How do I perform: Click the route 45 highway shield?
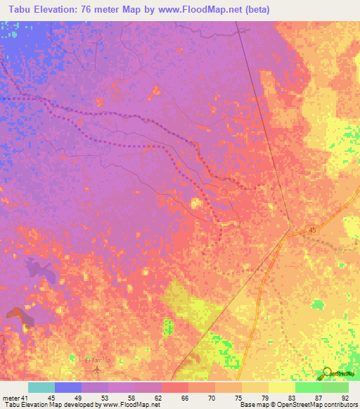tap(311, 230)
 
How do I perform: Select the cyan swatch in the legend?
tap(41, 387)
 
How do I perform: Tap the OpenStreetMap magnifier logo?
tap(326, 374)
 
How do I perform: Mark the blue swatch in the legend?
tap(68, 387)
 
